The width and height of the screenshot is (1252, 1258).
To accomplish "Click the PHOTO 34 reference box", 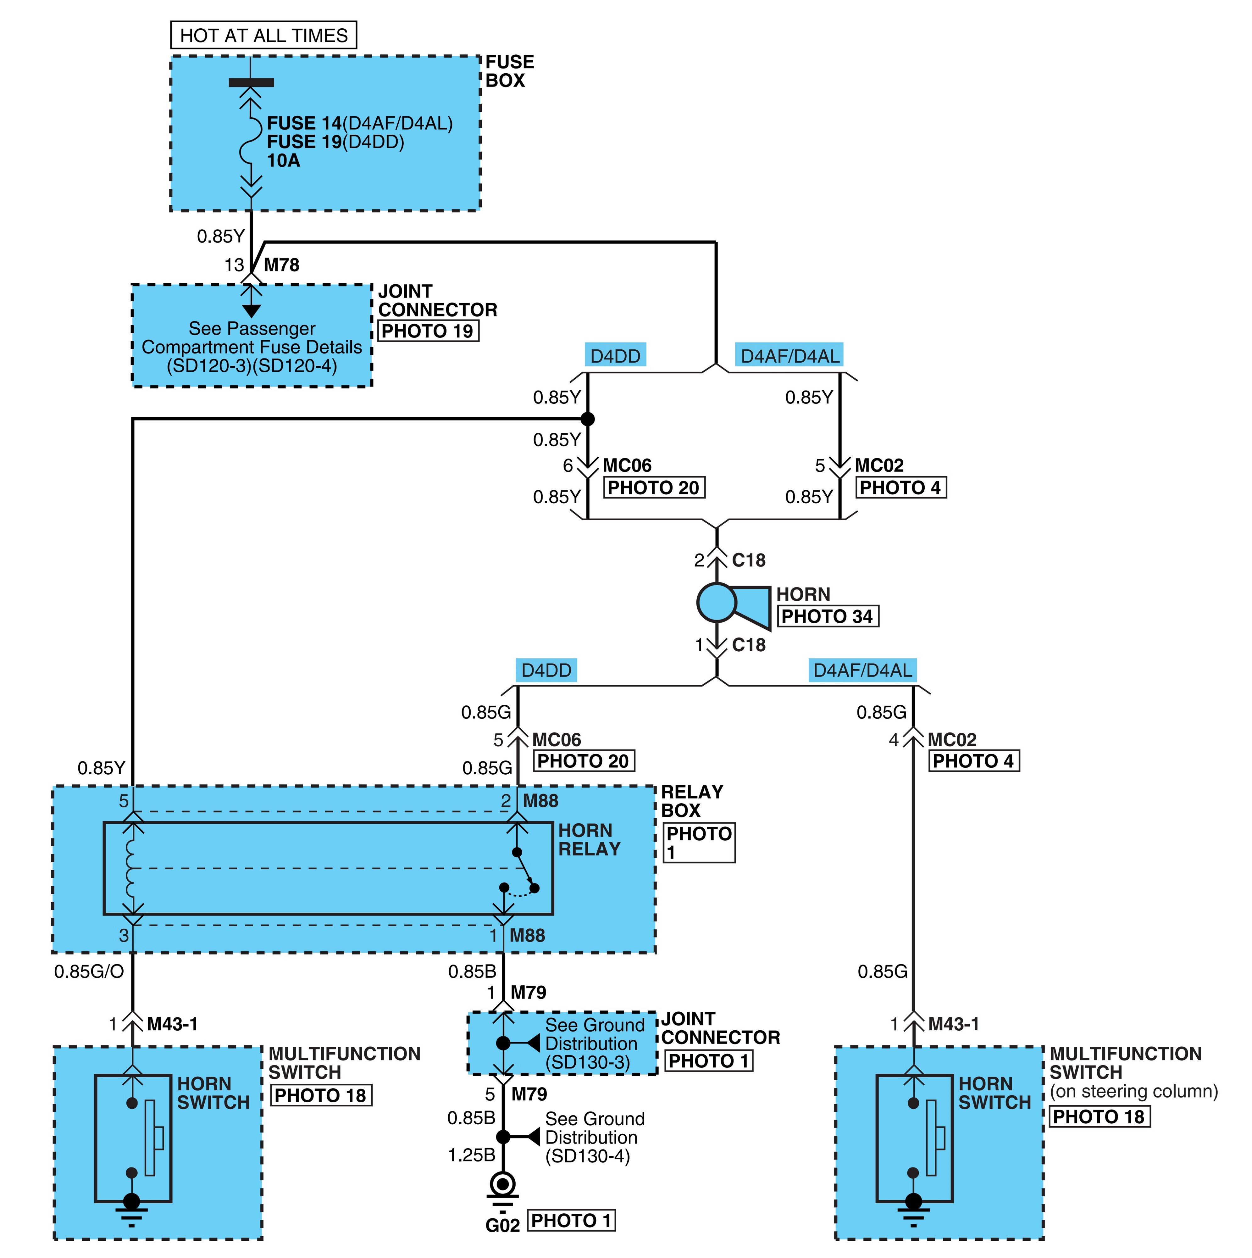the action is (x=828, y=616).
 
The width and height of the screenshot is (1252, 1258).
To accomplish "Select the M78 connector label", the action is (x=281, y=265).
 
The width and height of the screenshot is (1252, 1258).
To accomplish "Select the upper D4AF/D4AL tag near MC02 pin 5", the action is (x=790, y=356).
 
